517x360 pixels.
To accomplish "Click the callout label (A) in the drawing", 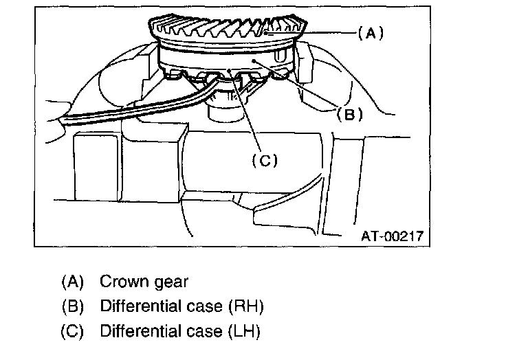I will (370, 32).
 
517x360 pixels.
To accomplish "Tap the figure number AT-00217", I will (392, 237).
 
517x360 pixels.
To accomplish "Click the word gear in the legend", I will (170, 282).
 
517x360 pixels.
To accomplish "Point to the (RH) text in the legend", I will (250, 306).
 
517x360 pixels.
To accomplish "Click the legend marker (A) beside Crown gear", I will (72, 282).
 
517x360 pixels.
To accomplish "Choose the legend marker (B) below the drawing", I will (72, 306).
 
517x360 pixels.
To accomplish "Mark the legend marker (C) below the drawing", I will (72, 331).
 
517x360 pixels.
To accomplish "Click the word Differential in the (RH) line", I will (141, 306).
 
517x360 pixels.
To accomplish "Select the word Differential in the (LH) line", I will (141, 331).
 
